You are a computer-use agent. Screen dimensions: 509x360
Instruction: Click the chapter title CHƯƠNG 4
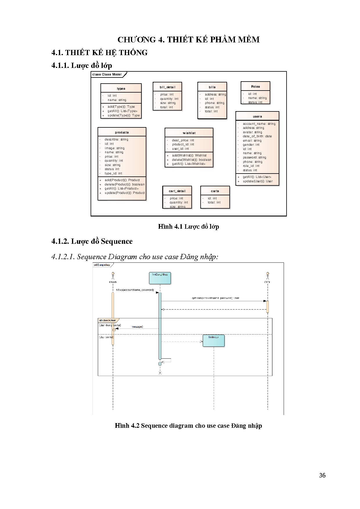tap(188, 40)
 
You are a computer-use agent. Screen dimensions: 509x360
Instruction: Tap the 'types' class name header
tap(121, 89)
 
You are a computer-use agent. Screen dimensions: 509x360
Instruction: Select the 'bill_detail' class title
tap(167, 87)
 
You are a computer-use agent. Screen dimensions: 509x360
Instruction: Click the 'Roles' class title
tap(255, 86)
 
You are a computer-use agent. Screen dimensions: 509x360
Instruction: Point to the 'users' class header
tap(257, 116)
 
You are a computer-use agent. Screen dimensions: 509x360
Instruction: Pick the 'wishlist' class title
tap(189, 133)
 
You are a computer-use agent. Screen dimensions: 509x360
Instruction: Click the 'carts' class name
tap(215, 191)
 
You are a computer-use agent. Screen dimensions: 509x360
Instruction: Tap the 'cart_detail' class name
tap(177, 191)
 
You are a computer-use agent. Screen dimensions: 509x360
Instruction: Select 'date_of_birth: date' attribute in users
tap(257, 136)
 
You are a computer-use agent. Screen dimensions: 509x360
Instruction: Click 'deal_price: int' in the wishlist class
tap(183, 140)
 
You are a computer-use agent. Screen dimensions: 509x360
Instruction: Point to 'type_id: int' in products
tap(113, 173)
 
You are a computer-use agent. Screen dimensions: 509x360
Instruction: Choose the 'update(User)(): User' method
tap(258, 181)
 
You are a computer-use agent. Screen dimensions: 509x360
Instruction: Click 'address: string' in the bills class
tap(215, 94)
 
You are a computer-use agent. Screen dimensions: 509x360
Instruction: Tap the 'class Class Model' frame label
tap(107, 75)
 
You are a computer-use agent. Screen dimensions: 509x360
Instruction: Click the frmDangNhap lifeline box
tap(160, 278)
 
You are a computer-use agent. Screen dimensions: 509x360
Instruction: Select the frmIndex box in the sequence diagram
tap(213, 341)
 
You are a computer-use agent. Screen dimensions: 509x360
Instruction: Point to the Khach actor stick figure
tap(113, 275)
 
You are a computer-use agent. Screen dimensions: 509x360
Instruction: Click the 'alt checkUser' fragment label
tap(107, 320)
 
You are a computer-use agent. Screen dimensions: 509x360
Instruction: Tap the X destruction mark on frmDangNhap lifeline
tap(160, 373)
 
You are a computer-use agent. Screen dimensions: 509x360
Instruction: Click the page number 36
tap(322, 475)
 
